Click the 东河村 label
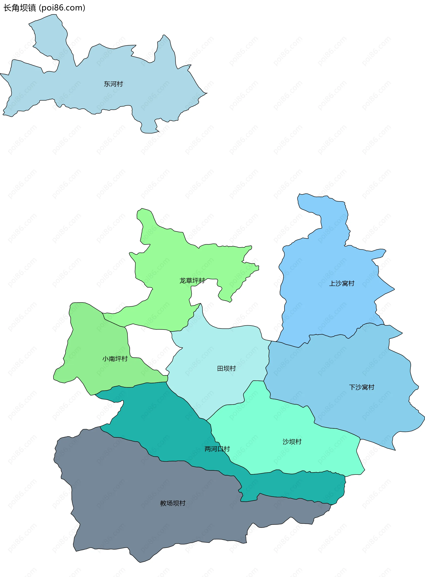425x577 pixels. (113, 84)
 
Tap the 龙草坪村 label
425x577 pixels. (192, 280)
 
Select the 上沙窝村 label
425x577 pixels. (342, 283)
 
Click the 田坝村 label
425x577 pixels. (226, 368)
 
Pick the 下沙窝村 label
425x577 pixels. (361, 387)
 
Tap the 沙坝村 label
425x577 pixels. (292, 442)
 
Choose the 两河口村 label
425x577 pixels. (217, 449)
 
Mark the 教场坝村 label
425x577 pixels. (173, 503)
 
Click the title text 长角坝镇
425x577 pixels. (20, 8)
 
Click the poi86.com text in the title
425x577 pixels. (62, 8)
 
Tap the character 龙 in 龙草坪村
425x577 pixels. (182, 280)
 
